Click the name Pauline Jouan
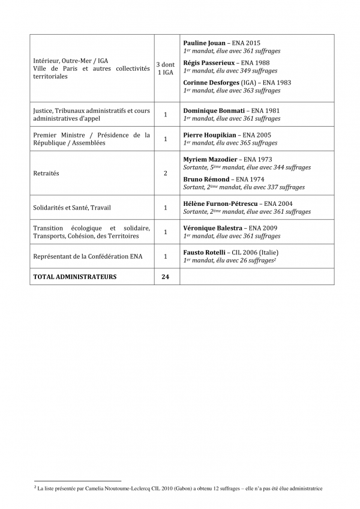[x=205, y=43]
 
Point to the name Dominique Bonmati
[x=212, y=111]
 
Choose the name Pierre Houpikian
[x=209, y=136]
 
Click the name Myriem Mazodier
[x=210, y=159]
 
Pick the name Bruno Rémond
[x=206, y=179]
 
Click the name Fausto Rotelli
[x=203, y=252]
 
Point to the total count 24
[x=166, y=277]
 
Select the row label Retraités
[x=47, y=173]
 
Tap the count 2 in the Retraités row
[x=166, y=173]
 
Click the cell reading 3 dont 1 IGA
[x=166, y=68]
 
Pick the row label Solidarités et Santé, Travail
[x=72, y=208]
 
